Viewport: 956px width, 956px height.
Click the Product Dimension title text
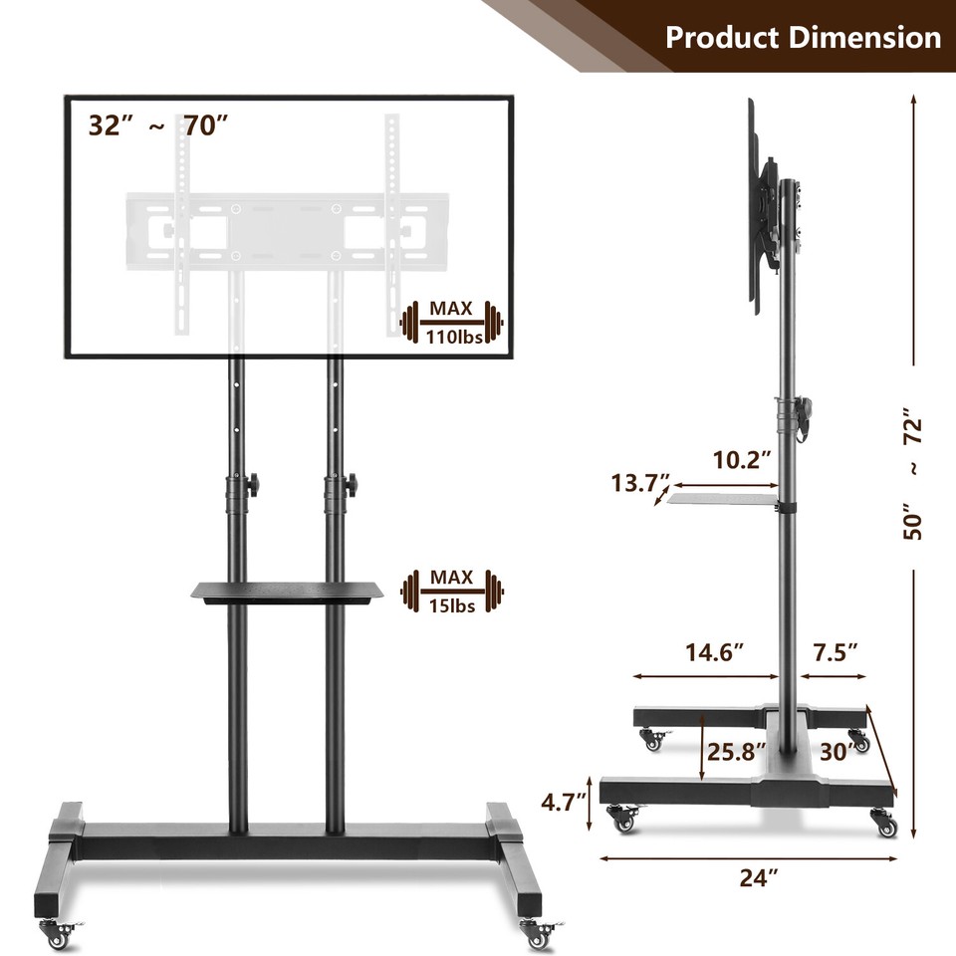tap(803, 38)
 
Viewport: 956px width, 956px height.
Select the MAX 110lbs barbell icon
tap(452, 323)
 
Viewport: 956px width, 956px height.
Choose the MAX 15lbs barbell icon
tap(452, 594)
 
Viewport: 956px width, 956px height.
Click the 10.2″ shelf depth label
tap(742, 460)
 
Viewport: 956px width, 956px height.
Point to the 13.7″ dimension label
tap(640, 484)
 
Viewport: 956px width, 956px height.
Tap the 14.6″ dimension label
tap(714, 653)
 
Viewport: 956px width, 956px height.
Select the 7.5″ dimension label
tap(835, 653)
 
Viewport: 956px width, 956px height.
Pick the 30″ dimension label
tap(836, 751)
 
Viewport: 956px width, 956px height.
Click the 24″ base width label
tap(759, 876)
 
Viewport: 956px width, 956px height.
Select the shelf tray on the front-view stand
tap(288, 592)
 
